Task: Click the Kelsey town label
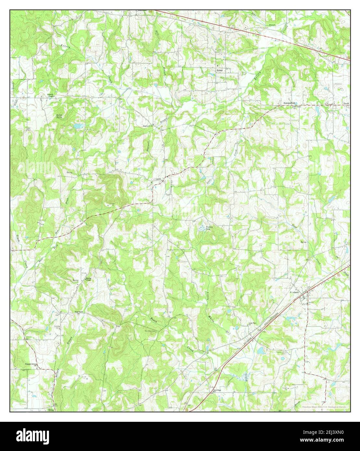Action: (220, 70)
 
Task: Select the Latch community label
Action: (158, 179)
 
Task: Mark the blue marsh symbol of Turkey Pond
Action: (202, 229)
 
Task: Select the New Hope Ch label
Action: (217, 390)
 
